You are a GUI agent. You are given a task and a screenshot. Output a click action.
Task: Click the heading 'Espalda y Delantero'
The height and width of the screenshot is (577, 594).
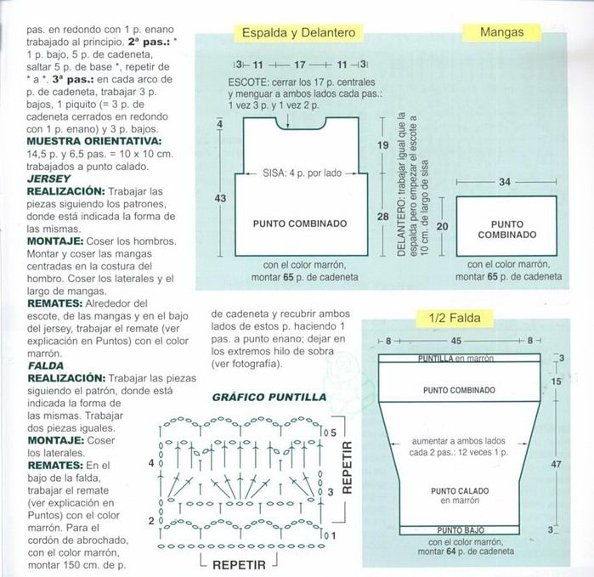point(297,33)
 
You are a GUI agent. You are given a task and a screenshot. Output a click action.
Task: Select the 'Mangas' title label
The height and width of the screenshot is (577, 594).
point(501,33)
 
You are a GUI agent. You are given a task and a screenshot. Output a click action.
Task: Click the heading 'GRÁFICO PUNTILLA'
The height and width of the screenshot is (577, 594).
point(269,397)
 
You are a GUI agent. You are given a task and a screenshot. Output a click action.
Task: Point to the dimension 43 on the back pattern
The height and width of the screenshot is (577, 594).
point(220,198)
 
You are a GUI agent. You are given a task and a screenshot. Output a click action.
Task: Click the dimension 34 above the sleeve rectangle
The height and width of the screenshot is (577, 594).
point(505,182)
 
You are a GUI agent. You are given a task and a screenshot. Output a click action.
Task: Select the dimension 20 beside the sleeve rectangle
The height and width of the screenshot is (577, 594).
point(442,226)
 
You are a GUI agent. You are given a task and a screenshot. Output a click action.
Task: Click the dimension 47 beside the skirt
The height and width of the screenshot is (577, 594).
point(557,465)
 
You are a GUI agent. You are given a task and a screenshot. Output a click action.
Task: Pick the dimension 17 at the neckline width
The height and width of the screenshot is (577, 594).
point(300,65)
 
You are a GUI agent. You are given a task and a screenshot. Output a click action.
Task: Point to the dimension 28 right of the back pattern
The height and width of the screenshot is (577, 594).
point(382,217)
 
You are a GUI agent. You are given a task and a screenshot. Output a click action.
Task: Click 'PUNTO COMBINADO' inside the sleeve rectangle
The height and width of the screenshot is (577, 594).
point(506,229)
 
